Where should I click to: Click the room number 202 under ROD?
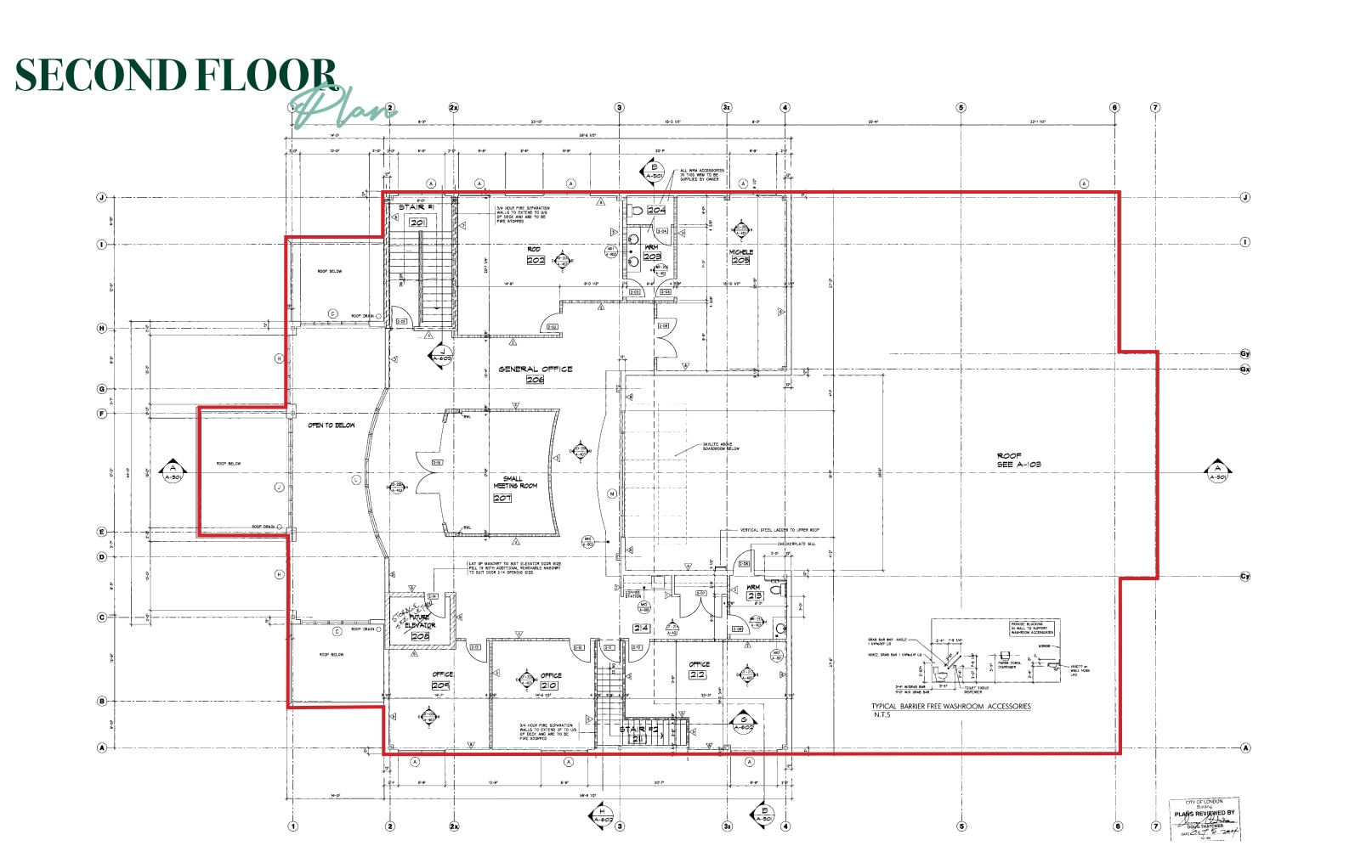point(536,260)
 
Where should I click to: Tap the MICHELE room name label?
point(740,252)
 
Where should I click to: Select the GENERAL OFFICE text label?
point(536,369)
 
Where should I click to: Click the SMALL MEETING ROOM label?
point(514,482)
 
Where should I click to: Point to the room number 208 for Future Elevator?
point(420,635)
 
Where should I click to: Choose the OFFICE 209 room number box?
point(440,685)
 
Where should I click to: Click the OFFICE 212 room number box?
point(697,674)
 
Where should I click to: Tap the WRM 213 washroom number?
point(755,596)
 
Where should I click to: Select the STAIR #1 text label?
point(417,207)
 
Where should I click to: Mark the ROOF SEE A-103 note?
point(1018,460)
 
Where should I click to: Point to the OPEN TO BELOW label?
point(332,425)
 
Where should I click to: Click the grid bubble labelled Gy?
point(1244,353)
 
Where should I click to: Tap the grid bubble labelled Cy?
point(1244,577)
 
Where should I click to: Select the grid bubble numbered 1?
point(293,826)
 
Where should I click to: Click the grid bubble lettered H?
point(102,328)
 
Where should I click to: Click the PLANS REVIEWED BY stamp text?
point(1204,813)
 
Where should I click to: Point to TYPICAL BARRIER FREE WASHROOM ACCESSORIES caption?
point(950,707)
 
